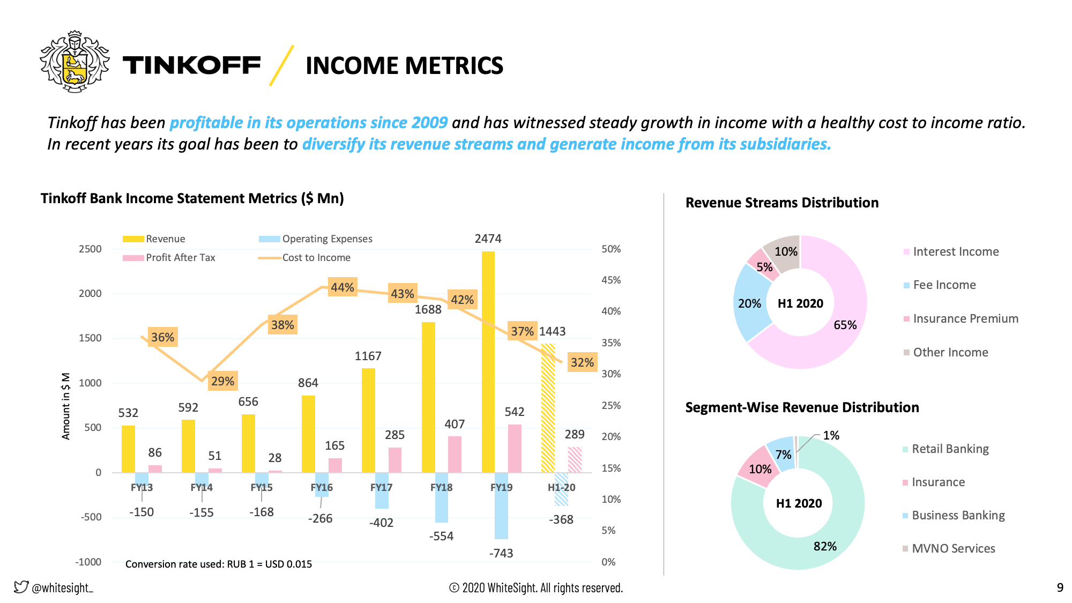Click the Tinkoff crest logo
coord(75,62)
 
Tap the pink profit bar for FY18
coord(455,455)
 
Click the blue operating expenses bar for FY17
coord(382,490)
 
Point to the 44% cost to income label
coord(343,287)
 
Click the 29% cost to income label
coord(222,381)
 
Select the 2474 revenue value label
coord(488,239)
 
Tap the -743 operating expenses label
coord(501,553)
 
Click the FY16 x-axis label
coord(322,487)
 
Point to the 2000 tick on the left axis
coord(90,293)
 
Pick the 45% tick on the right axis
coord(611,280)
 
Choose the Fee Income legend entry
coord(944,285)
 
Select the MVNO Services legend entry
coord(953,548)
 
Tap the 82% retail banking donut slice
coord(804,552)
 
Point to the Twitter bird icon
coord(20,587)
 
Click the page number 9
coord(1060,587)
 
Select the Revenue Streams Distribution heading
coord(782,203)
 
